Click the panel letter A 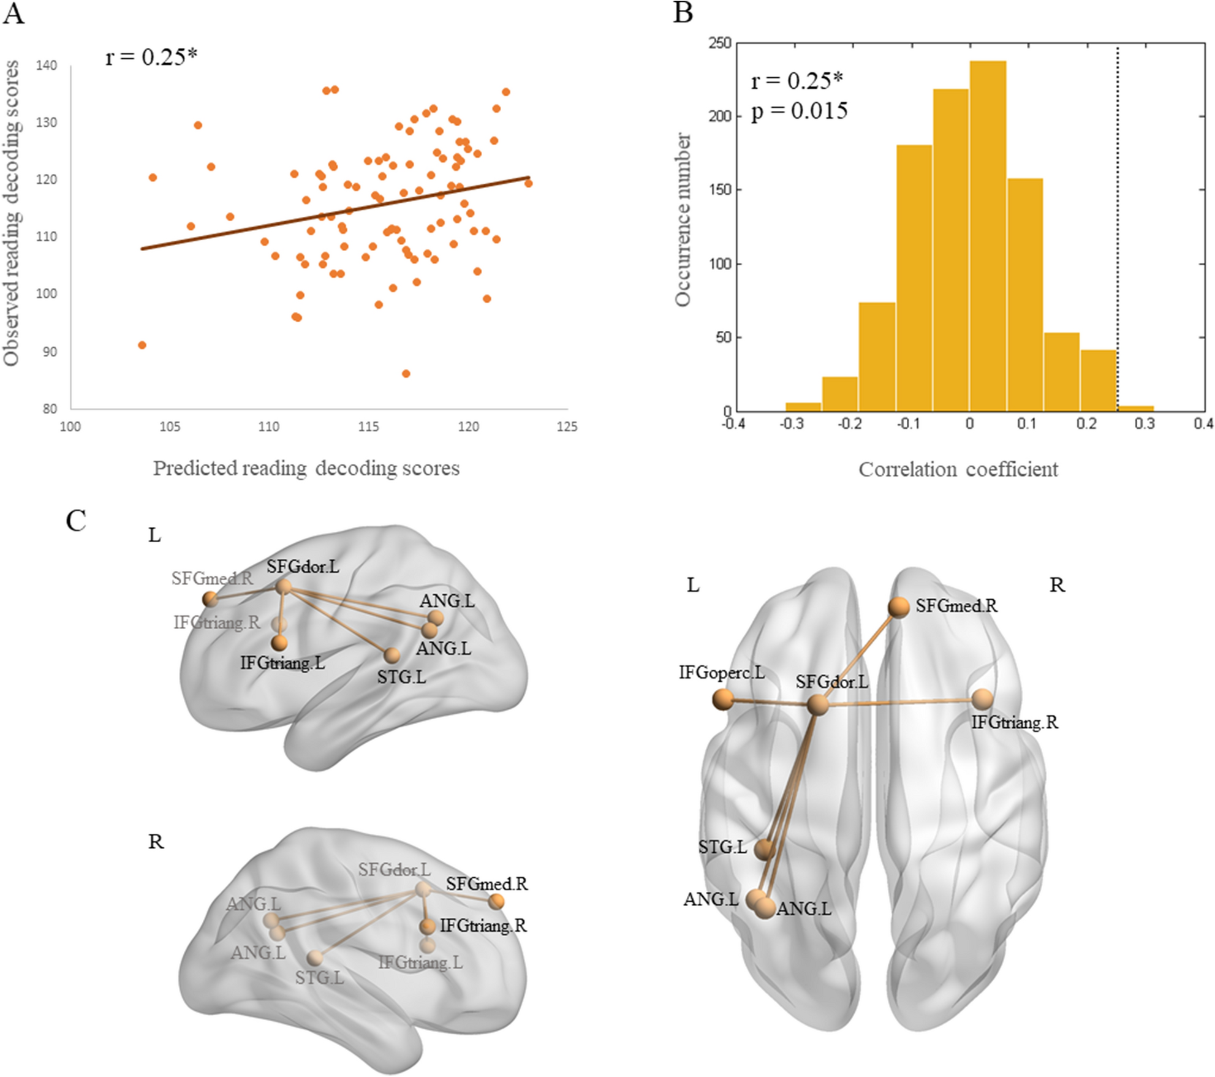[13, 13]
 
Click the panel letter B [683, 12]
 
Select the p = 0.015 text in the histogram [800, 111]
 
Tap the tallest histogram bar [988, 236]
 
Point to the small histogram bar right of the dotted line [1136, 408]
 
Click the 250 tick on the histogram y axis [720, 43]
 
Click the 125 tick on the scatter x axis [567, 427]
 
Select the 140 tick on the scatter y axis [47, 66]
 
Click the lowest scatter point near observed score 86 [406, 374]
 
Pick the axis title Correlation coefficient [958, 469]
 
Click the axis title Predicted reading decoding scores [306, 468]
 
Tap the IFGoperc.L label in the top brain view [721, 673]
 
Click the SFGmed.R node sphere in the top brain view [899, 607]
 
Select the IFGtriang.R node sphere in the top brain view [982, 699]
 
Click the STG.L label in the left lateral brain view [401, 677]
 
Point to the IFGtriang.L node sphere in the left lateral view [279, 643]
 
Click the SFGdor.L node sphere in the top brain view [818, 705]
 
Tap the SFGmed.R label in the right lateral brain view [486, 884]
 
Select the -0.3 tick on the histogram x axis [791, 424]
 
